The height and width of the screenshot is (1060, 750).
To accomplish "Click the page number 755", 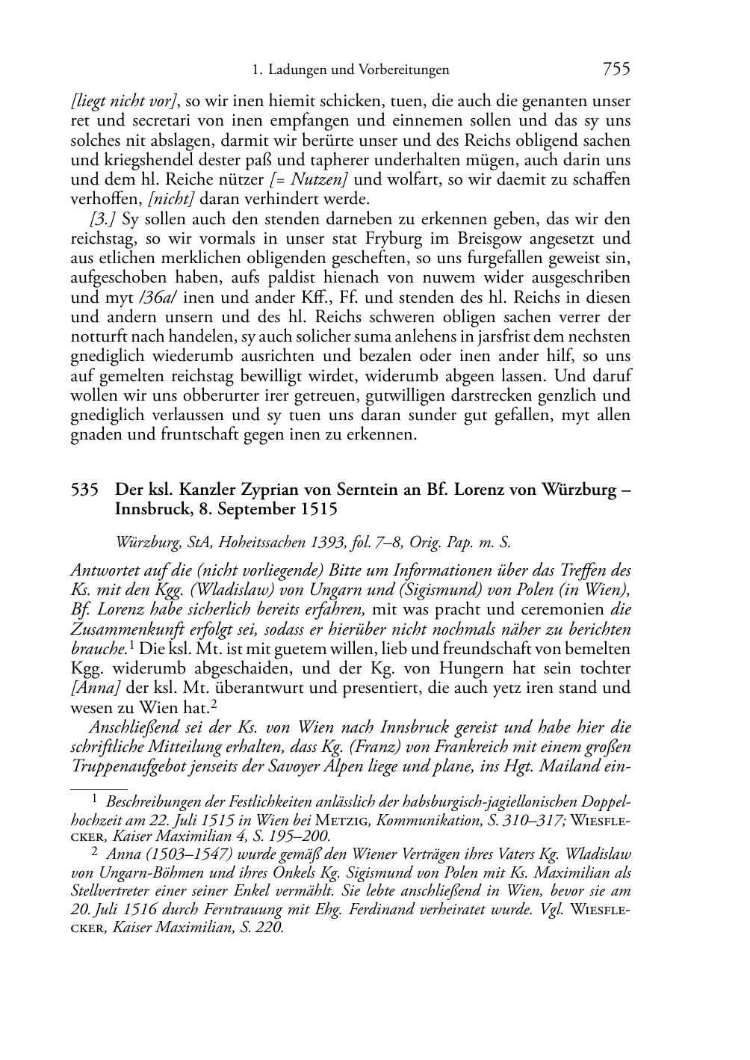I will (616, 70).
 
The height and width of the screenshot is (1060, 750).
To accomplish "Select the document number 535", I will (84, 490).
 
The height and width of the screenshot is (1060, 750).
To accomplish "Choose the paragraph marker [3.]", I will (103, 219).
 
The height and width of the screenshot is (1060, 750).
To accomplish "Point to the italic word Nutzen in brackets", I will (314, 179).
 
